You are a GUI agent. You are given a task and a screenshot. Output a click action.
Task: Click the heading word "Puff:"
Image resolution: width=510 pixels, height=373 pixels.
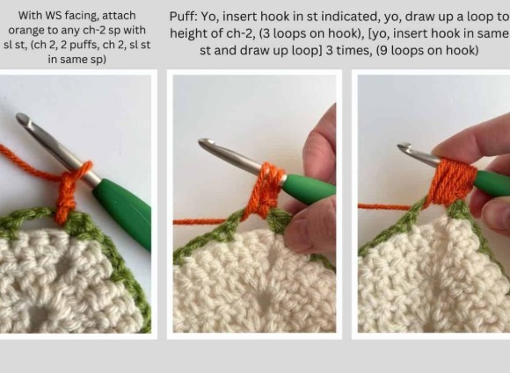[x=184, y=17]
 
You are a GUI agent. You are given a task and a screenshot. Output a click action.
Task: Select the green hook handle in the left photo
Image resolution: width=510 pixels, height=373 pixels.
[x=123, y=209]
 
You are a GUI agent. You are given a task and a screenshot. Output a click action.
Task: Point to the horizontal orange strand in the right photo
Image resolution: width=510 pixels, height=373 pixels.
[x=384, y=206]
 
